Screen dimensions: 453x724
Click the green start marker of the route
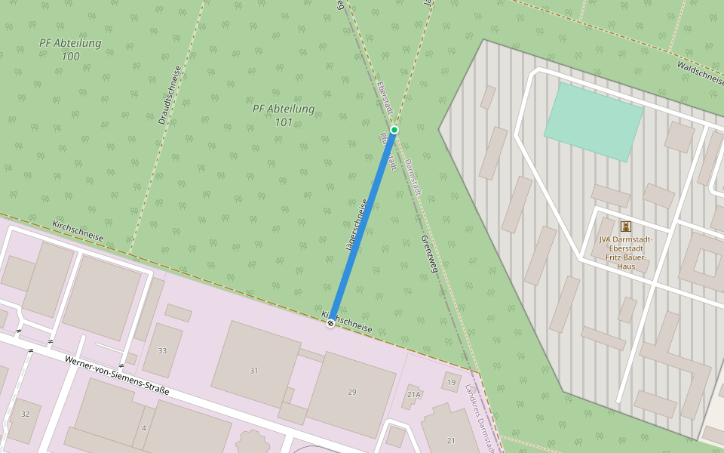pos(394,130)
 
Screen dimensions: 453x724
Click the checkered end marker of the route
pos(330,323)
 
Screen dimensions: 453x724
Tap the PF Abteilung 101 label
pos(284,116)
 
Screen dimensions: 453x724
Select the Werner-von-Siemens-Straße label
pos(117,375)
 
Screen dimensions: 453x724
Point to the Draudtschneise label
pos(170,95)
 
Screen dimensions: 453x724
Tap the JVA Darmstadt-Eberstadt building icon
pos(625,226)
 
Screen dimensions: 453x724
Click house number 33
pos(162,351)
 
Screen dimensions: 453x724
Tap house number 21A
pos(413,394)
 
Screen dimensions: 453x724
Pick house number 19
pos(451,382)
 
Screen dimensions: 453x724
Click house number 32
pos(25,414)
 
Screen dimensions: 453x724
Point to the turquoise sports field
pos(594,121)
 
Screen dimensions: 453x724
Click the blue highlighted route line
pos(362,226)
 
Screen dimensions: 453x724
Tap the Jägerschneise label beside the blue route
pos(355,225)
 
